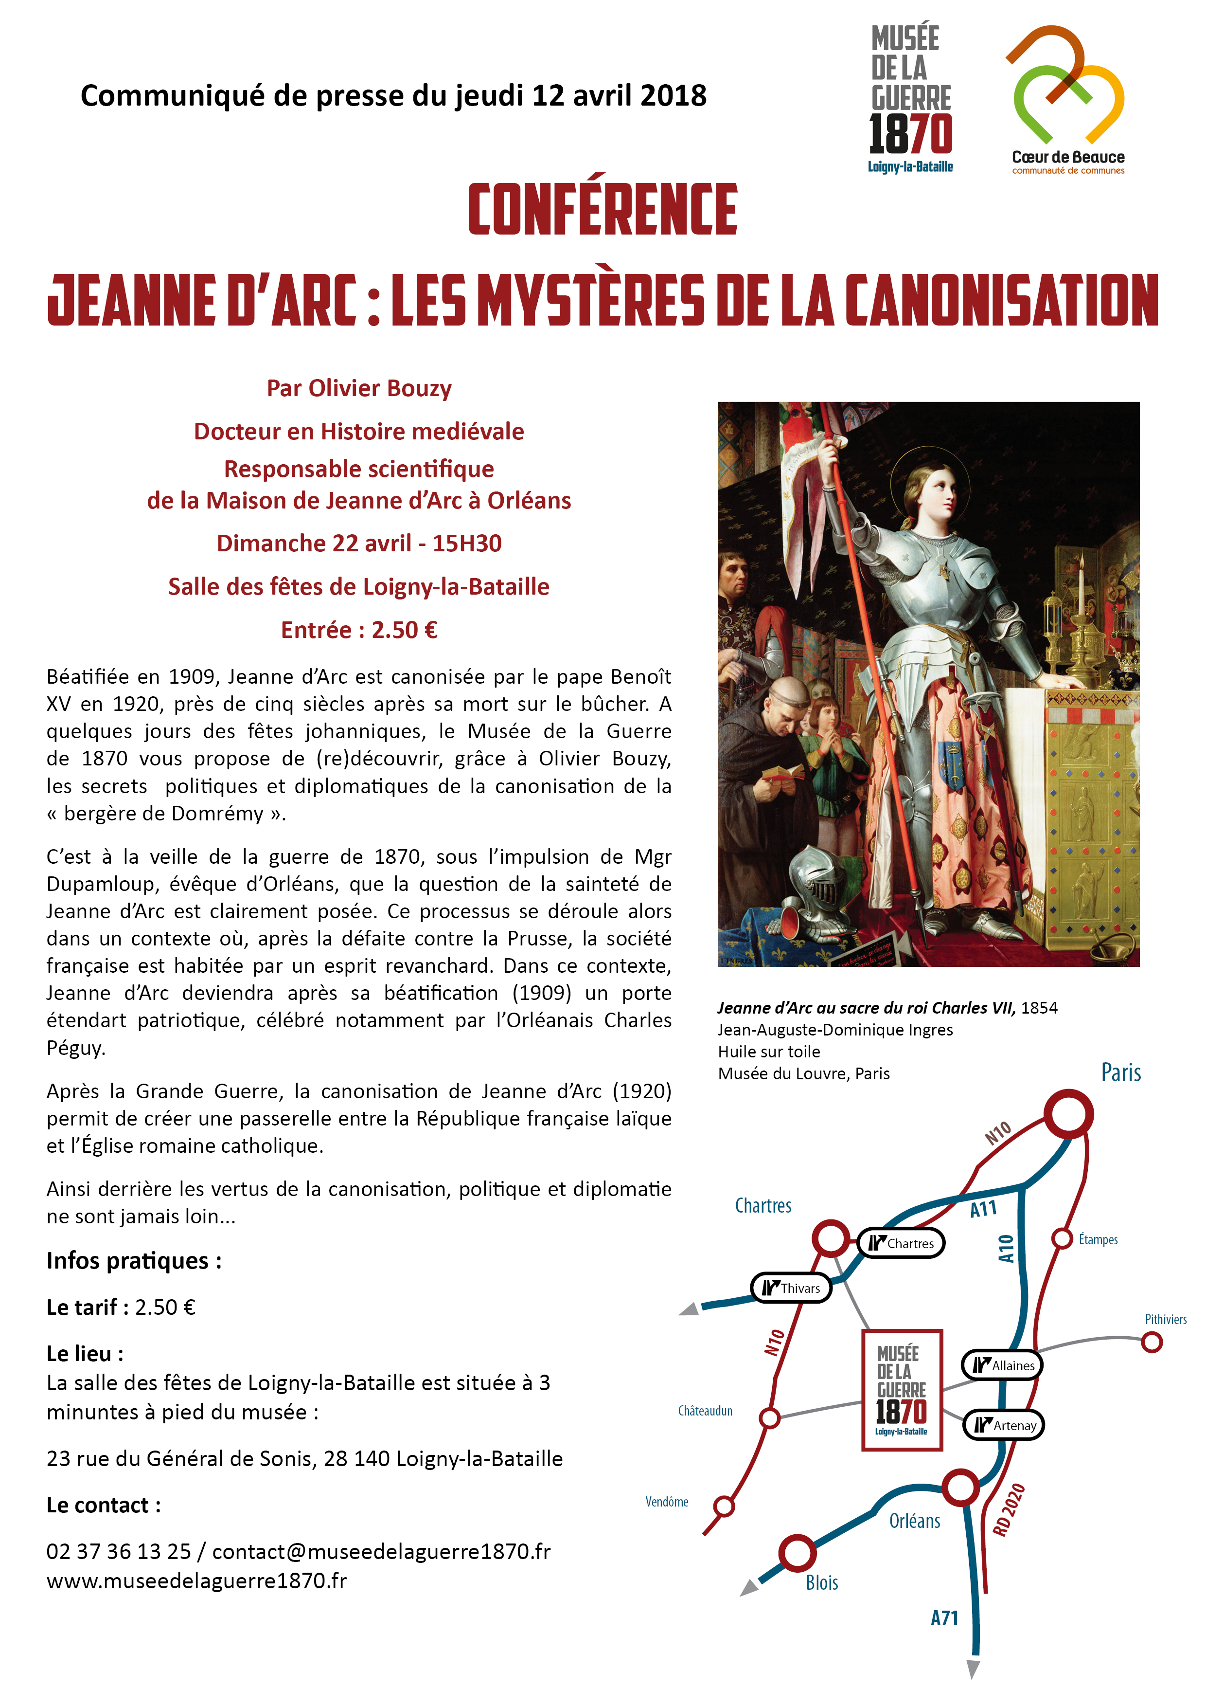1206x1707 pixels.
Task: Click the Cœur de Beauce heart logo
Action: click(1067, 86)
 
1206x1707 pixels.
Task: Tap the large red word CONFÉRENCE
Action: click(603, 210)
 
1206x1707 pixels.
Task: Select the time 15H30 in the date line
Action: click(467, 544)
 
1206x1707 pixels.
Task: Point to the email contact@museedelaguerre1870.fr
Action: click(381, 1552)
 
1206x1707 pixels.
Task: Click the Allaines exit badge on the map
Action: click(1002, 1365)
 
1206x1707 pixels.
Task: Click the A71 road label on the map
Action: click(944, 1618)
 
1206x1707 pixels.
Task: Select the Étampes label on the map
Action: click(1098, 1239)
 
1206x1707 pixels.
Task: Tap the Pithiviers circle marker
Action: click(1151, 1342)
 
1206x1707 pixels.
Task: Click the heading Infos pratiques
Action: click(134, 1261)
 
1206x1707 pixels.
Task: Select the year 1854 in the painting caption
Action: click(1039, 1008)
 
